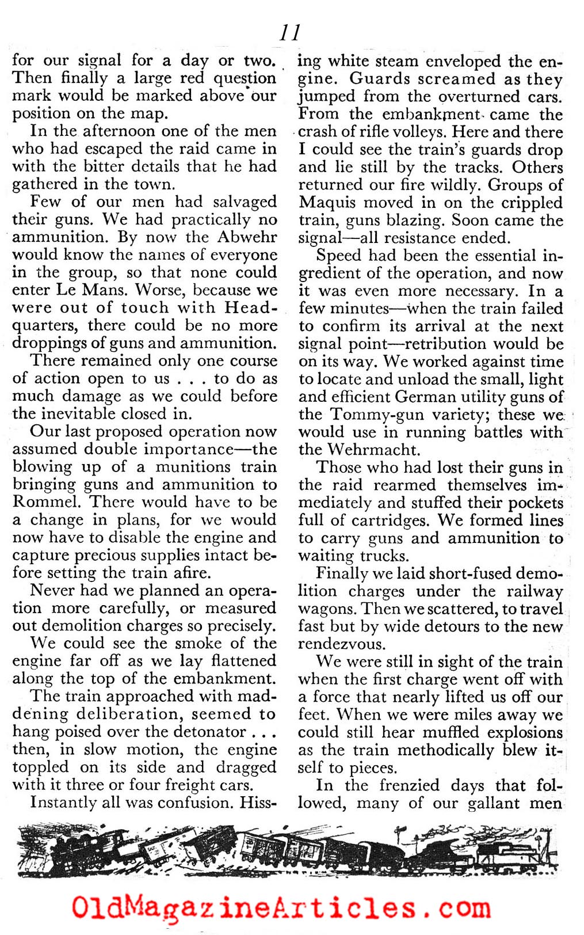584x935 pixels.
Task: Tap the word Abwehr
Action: tap(247, 237)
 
